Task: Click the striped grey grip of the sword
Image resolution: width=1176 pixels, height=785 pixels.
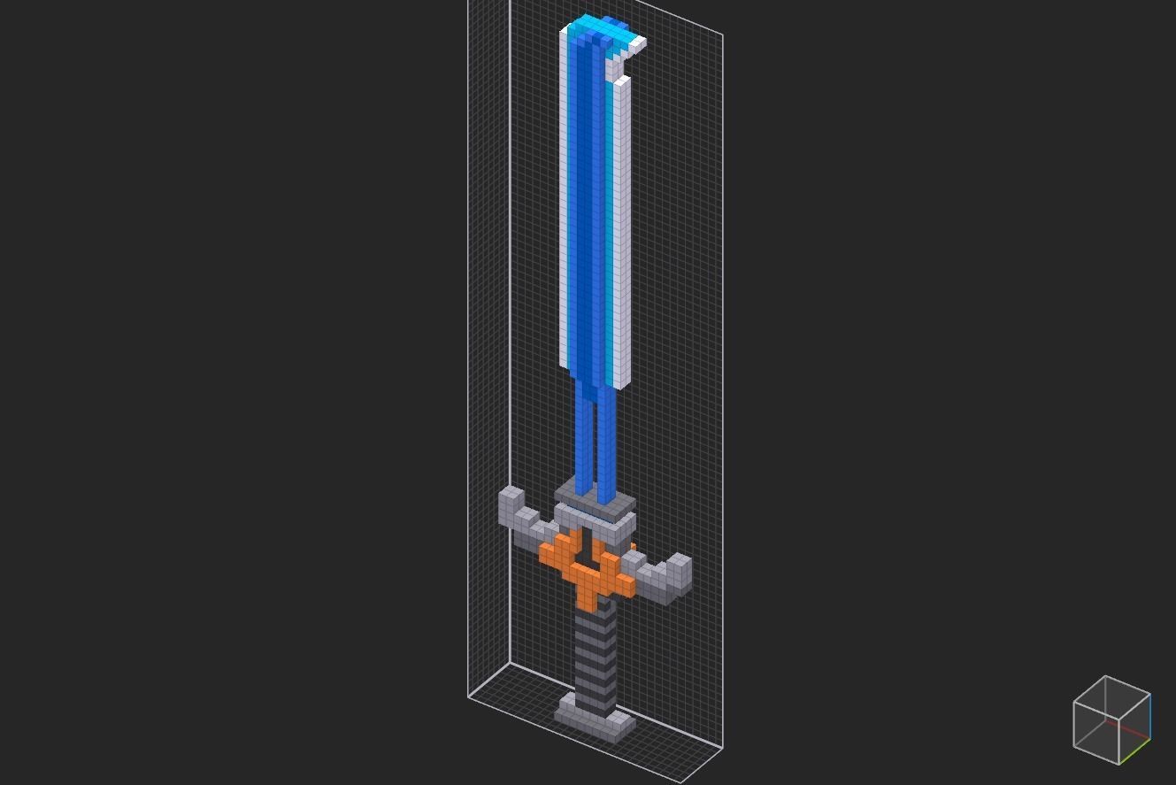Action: (594, 655)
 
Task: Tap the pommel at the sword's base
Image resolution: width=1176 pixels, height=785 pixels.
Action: (595, 715)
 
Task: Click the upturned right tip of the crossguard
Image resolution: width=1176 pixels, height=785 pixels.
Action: (680, 567)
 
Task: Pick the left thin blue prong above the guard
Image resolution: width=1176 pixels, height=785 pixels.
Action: (582, 438)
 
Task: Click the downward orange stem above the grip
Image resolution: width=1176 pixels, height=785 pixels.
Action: (587, 590)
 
